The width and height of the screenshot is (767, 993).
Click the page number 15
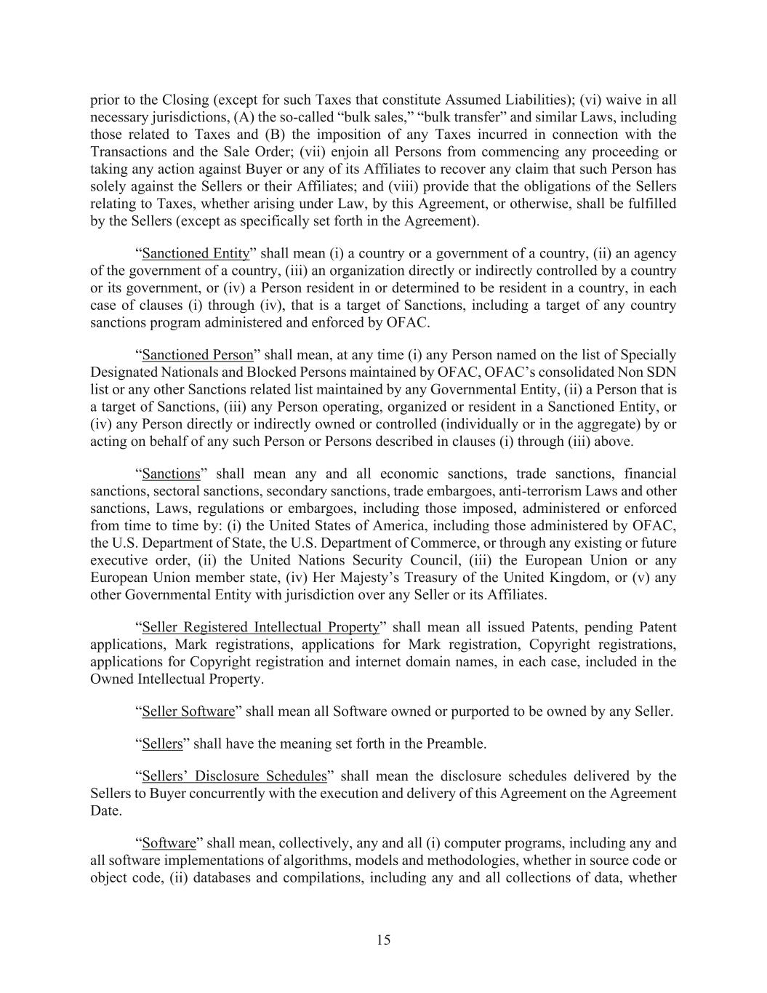point(384,940)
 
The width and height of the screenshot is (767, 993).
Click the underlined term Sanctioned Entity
point(196,253)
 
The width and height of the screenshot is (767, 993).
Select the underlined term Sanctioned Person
point(198,355)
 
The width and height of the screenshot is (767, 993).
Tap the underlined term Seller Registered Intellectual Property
point(261,627)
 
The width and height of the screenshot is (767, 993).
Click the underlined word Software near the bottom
point(169,843)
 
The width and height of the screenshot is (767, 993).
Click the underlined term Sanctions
point(171,474)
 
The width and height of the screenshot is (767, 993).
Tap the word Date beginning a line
point(105,810)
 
